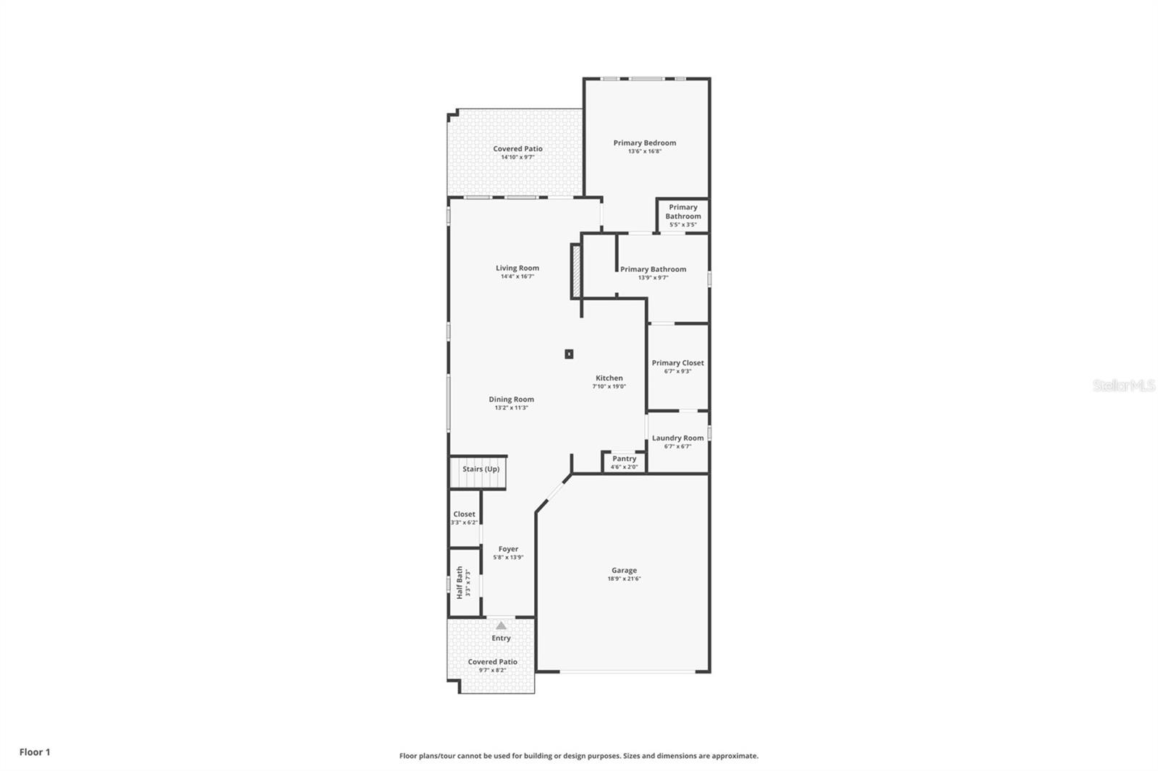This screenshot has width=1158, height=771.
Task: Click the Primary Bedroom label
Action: pos(644,143)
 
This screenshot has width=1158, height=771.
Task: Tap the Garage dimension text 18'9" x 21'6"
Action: pos(624,579)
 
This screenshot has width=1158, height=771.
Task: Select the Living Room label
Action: pos(517,268)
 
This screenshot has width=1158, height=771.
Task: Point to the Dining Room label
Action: pos(511,399)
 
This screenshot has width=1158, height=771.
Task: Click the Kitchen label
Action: pos(609,378)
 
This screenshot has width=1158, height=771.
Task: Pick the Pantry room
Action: pos(624,462)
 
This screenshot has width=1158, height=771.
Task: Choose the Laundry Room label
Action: pos(677,438)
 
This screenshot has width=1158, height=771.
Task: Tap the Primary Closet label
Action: pos(677,363)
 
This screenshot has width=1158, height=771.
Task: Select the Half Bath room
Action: pos(464,582)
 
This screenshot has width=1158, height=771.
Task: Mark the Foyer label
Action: pos(508,549)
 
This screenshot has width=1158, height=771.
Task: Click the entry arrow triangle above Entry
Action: pos(501,626)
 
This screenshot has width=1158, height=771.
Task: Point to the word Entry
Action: pos(501,638)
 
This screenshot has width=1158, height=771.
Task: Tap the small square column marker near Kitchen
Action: pos(569,354)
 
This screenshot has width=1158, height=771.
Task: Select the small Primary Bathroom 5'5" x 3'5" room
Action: pos(682,216)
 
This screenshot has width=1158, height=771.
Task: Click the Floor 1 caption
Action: pos(35,752)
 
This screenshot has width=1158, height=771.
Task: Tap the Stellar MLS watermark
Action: pos(1123,385)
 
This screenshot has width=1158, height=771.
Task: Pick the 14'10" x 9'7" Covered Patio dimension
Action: pos(517,157)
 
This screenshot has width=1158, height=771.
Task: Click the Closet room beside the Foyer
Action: pos(464,518)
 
